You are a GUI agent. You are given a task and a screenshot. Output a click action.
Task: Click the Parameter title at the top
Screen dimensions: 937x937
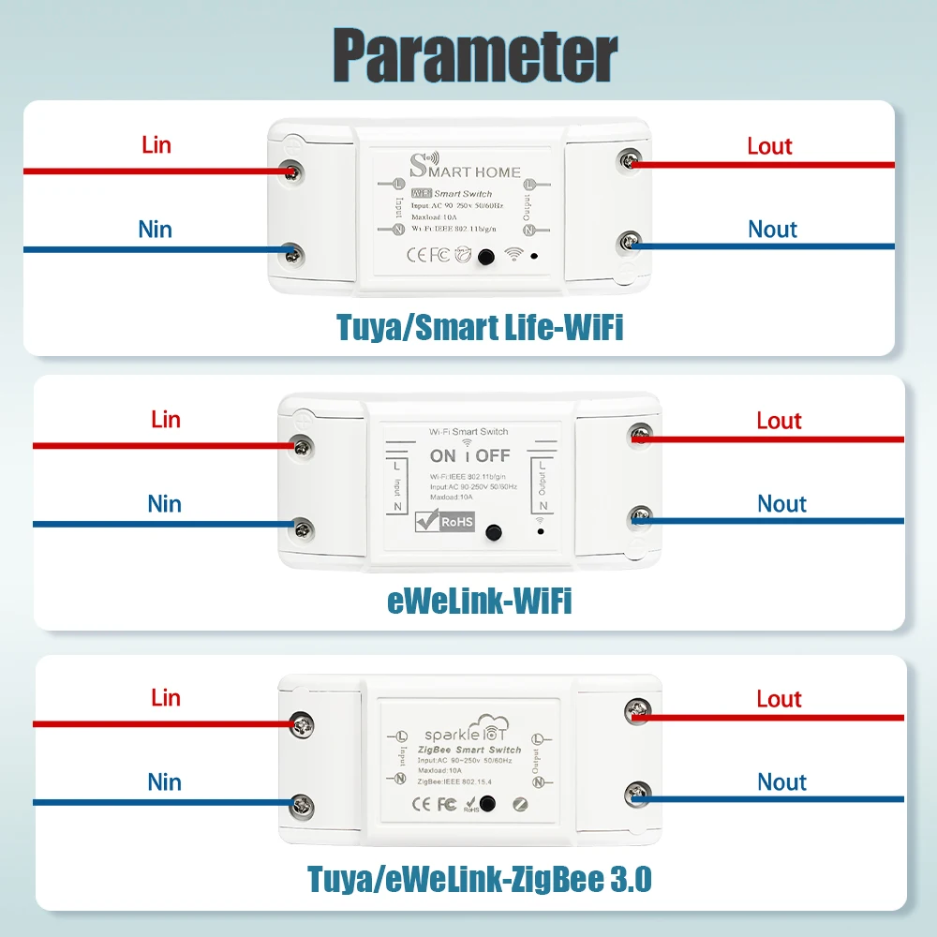[x=475, y=55]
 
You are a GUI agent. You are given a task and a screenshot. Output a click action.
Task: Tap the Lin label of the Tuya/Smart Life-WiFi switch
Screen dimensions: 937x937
[x=156, y=145]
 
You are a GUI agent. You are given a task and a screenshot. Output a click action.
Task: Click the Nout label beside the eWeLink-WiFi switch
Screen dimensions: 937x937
[x=781, y=504]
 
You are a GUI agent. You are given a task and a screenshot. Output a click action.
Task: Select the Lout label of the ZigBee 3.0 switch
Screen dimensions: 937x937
[x=779, y=699]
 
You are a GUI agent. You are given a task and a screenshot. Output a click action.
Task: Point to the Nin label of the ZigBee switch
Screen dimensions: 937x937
[x=164, y=782]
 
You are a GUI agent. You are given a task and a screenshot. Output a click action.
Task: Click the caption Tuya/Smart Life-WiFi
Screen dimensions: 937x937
[x=480, y=327]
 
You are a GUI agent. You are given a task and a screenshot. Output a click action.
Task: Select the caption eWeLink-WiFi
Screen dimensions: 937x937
[x=479, y=602]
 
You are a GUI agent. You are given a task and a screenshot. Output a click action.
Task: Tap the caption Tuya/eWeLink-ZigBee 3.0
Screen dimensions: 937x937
[x=479, y=880]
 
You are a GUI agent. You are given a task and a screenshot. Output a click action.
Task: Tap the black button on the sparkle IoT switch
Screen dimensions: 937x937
[x=487, y=804]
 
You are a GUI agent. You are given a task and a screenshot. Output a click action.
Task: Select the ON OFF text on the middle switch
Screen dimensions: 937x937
[x=469, y=456]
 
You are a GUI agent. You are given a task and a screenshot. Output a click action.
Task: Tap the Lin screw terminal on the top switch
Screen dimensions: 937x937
[x=293, y=171]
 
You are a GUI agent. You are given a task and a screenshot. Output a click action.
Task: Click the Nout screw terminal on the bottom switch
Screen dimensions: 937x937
[x=639, y=796]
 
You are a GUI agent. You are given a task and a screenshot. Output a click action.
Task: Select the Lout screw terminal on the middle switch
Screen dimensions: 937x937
[x=641, y=433]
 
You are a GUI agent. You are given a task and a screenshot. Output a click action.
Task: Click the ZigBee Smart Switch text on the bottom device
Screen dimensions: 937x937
[x=467, y=750]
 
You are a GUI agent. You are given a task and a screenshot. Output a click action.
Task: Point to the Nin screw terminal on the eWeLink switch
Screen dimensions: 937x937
[x=302, y=527]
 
